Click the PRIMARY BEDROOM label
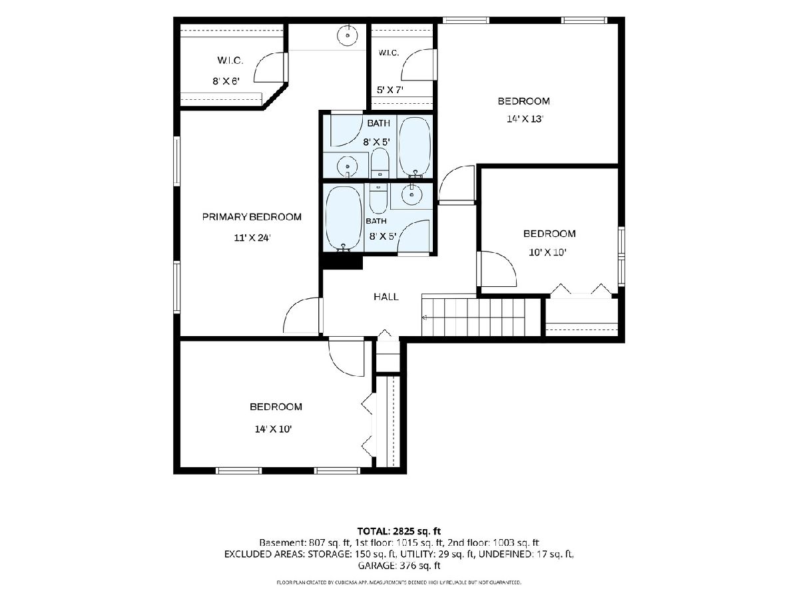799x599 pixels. tap(252, 217)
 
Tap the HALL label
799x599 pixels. tap(386, 297)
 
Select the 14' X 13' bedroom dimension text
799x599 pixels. tap(525, 119)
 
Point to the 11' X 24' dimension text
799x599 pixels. tap(252, 238)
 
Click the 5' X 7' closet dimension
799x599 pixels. tap(390, 89)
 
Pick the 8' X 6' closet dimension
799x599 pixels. tap(226, 81)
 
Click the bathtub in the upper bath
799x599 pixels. tap(415, 146)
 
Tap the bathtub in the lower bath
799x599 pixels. tap(344, 218)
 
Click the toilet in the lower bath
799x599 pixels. tap(378, 198)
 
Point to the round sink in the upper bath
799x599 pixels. tap(348, 167)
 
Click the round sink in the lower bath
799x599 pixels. tap(411, 194)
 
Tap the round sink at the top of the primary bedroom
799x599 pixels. tap(348, 35)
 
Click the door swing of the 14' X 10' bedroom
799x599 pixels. tap(346, 357)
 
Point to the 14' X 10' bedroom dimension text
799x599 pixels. tap(274, 429)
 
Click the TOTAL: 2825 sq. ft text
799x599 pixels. tap(399, 531)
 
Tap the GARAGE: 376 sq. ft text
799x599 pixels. tap(399, 566)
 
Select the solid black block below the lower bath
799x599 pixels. tap(341, 261)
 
